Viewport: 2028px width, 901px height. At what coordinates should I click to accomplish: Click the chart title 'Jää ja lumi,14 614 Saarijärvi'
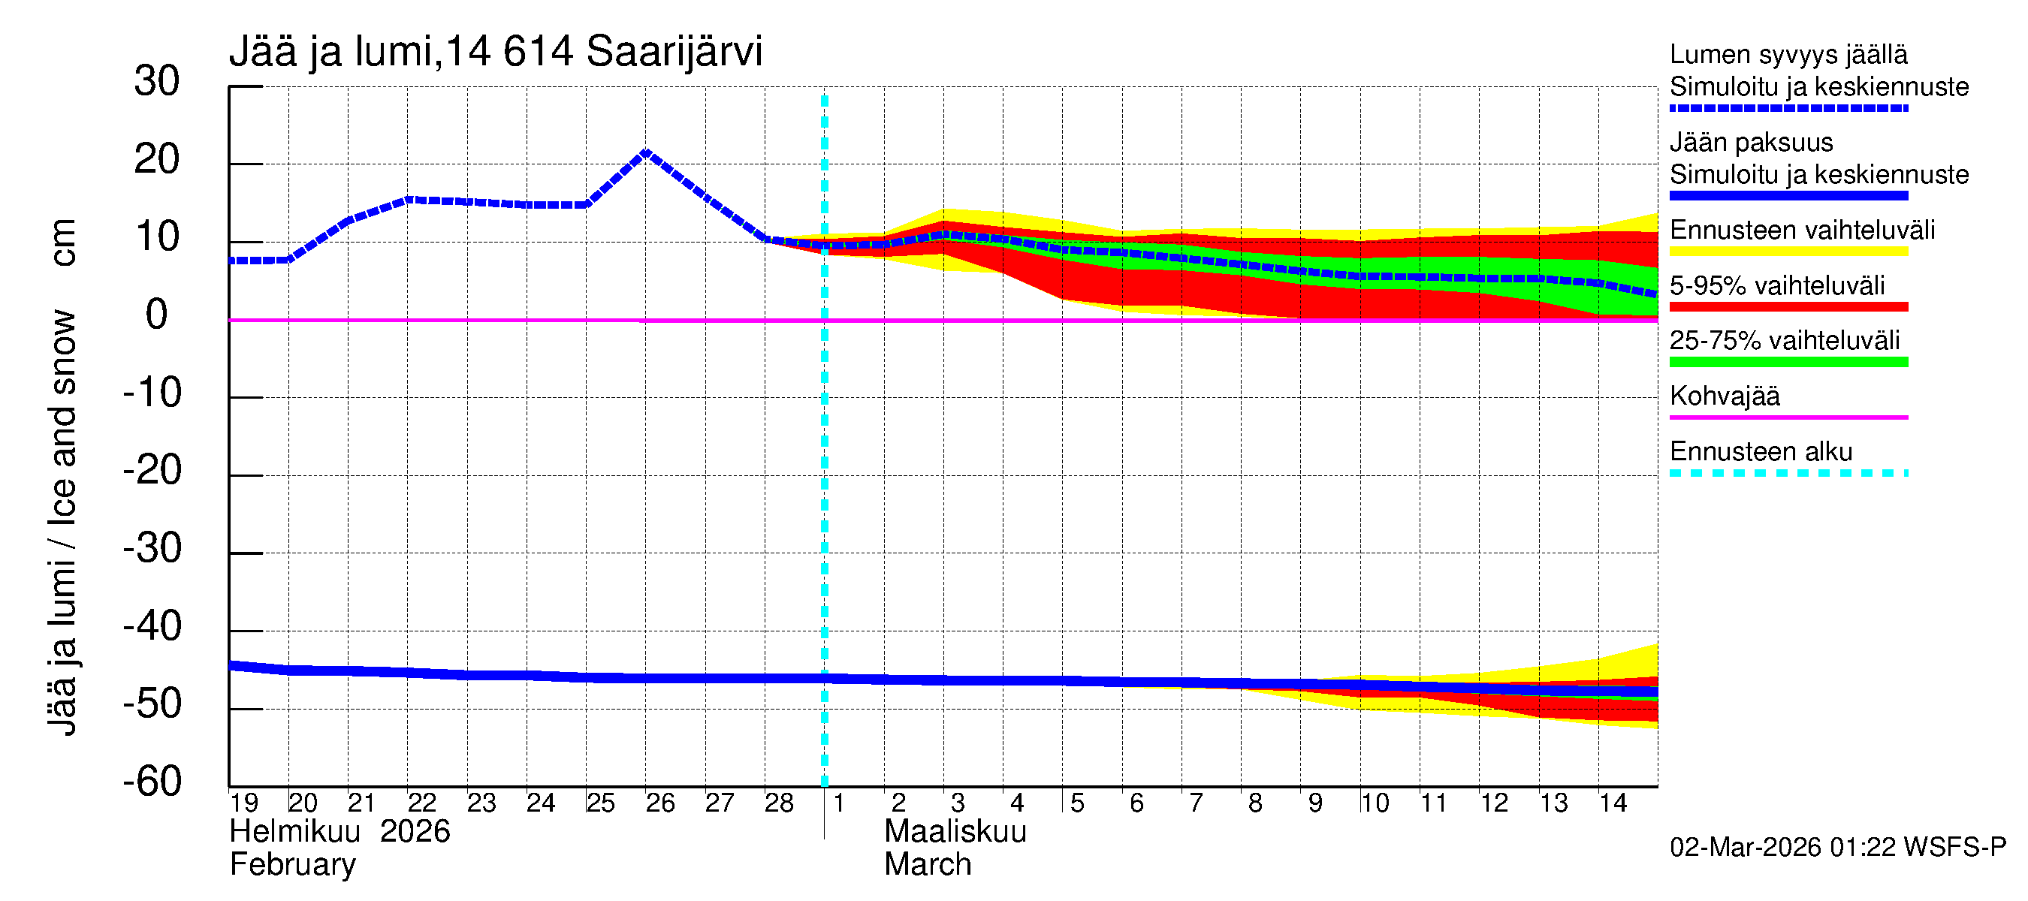(x=495, y=52)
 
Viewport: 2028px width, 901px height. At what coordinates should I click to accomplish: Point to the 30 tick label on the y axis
(x=157, y=81)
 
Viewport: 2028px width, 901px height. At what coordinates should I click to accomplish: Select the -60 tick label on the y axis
(x=152, y=782)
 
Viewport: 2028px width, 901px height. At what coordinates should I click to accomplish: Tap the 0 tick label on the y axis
(x=157, y=315)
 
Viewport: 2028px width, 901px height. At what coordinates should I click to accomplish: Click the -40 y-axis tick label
(x=152, y=626)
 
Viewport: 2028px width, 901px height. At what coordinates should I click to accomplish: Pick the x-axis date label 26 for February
(x=659, y=803)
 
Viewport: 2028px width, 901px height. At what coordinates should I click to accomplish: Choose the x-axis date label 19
(x=244, y=803)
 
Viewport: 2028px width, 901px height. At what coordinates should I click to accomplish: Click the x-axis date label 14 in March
(x=1613, y=803)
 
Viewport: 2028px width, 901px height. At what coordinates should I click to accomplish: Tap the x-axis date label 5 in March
(x=1077, y=803)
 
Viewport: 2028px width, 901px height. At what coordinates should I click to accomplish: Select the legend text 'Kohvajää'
(x=1724, y=396)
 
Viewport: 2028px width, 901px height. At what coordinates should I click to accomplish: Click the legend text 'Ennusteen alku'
(x=1761, y=452)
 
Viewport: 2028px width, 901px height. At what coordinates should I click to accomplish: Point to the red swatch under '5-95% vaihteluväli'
(x=1788, y=307)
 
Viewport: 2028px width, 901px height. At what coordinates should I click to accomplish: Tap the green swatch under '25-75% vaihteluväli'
(x=1788, y=362)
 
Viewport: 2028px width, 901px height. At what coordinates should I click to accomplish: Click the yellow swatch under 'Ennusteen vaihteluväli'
(x=1788, y=252)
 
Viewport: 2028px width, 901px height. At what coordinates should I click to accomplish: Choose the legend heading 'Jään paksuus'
(x=1751, y=143)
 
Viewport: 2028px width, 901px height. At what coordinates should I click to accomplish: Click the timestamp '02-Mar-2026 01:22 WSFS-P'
(x=1837, y=848)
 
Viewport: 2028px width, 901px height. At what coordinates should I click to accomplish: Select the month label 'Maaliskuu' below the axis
(x=955, y=832)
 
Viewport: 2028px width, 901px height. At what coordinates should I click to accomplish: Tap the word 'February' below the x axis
(x=293, y=865)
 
